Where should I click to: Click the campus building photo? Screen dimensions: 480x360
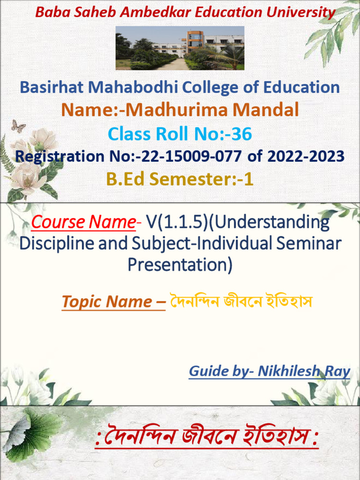point(180,48)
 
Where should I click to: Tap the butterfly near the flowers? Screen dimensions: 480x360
point(18,126)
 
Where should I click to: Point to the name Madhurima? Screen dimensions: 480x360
point(178,110)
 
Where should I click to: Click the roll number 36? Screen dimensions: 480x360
point(242,135)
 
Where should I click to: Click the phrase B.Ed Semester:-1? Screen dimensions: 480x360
point(180,179)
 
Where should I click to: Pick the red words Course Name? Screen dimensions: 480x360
point(83,222)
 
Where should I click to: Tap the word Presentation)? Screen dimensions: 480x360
point(180,265)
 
